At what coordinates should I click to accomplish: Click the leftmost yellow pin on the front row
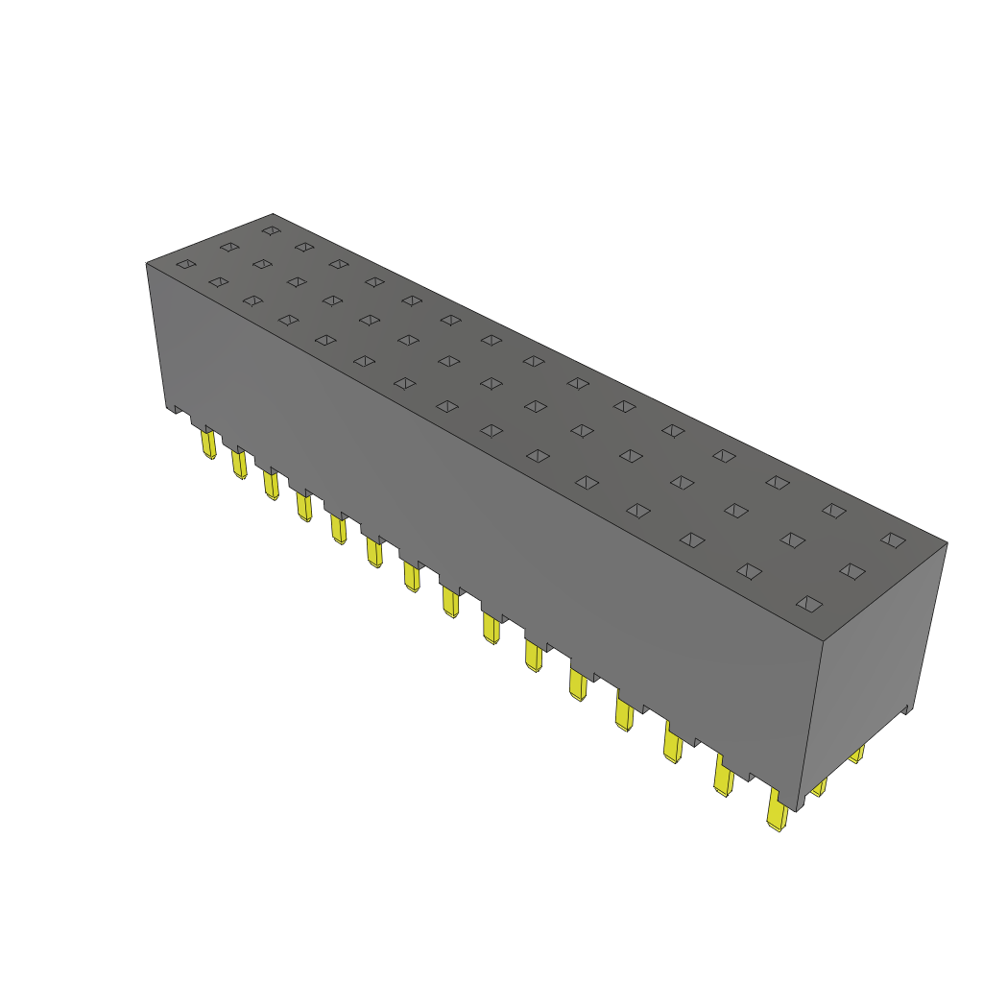[x=208, y=444]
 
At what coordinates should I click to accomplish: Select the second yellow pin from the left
[x=239, y=464]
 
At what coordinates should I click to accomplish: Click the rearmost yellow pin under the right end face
[x=857, y=755]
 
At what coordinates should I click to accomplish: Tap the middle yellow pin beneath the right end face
[x=819, y=788]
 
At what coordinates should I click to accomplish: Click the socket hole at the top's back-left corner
[x=271, y=230]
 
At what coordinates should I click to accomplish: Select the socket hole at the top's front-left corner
[x=186, y=264]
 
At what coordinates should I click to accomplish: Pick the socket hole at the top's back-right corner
[x=893, y=540]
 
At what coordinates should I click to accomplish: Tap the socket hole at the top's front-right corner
[x=809, y=603]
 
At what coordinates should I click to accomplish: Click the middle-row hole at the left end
[x=228, y=247]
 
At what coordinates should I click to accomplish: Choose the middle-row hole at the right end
[x=851, y=571]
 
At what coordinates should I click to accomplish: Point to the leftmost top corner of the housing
[x=146, y=263]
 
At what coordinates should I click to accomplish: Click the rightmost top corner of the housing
[x=947, y=543]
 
